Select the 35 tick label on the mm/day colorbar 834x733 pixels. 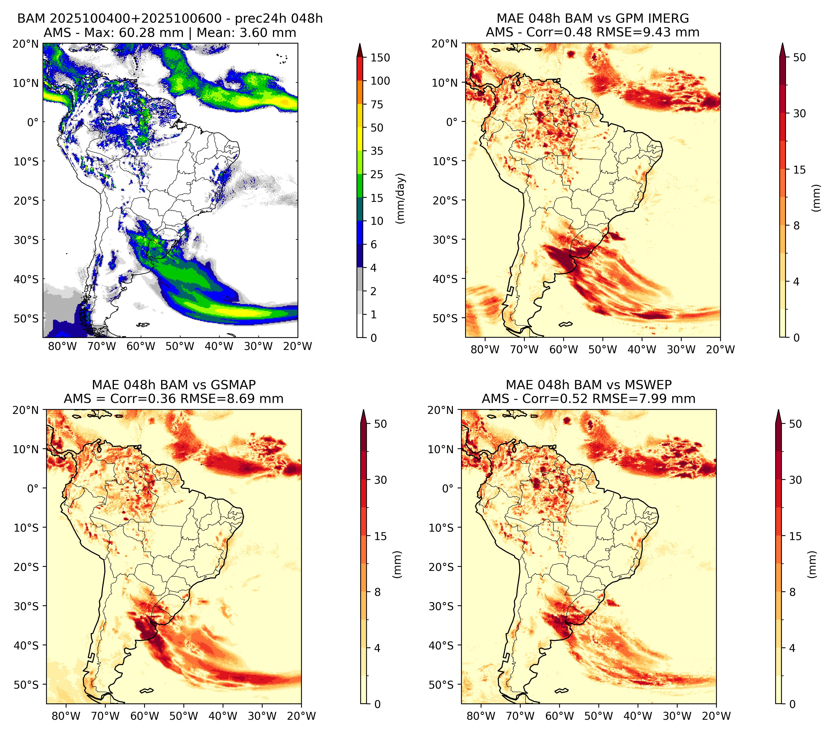coord(376,151)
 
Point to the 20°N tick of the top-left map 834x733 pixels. coord(25,44)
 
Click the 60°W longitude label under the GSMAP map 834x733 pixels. coord(145,716)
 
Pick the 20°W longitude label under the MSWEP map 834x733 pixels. coord(717,716)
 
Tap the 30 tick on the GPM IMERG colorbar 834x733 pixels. coord(799,113)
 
